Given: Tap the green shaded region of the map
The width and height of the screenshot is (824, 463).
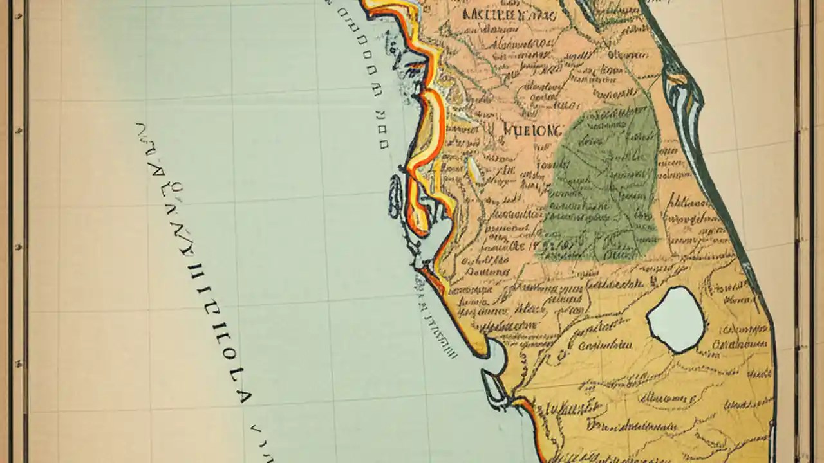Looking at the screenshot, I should tap(602, 186).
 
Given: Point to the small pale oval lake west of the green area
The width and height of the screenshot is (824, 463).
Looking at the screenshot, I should tap(474, 170).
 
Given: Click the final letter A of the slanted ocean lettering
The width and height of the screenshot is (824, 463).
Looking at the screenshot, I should tap(243, 394).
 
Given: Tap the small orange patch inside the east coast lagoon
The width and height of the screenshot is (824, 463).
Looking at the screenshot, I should tap(677, 79).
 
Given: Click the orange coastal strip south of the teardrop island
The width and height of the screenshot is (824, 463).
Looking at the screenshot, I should tap(533, 418).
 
